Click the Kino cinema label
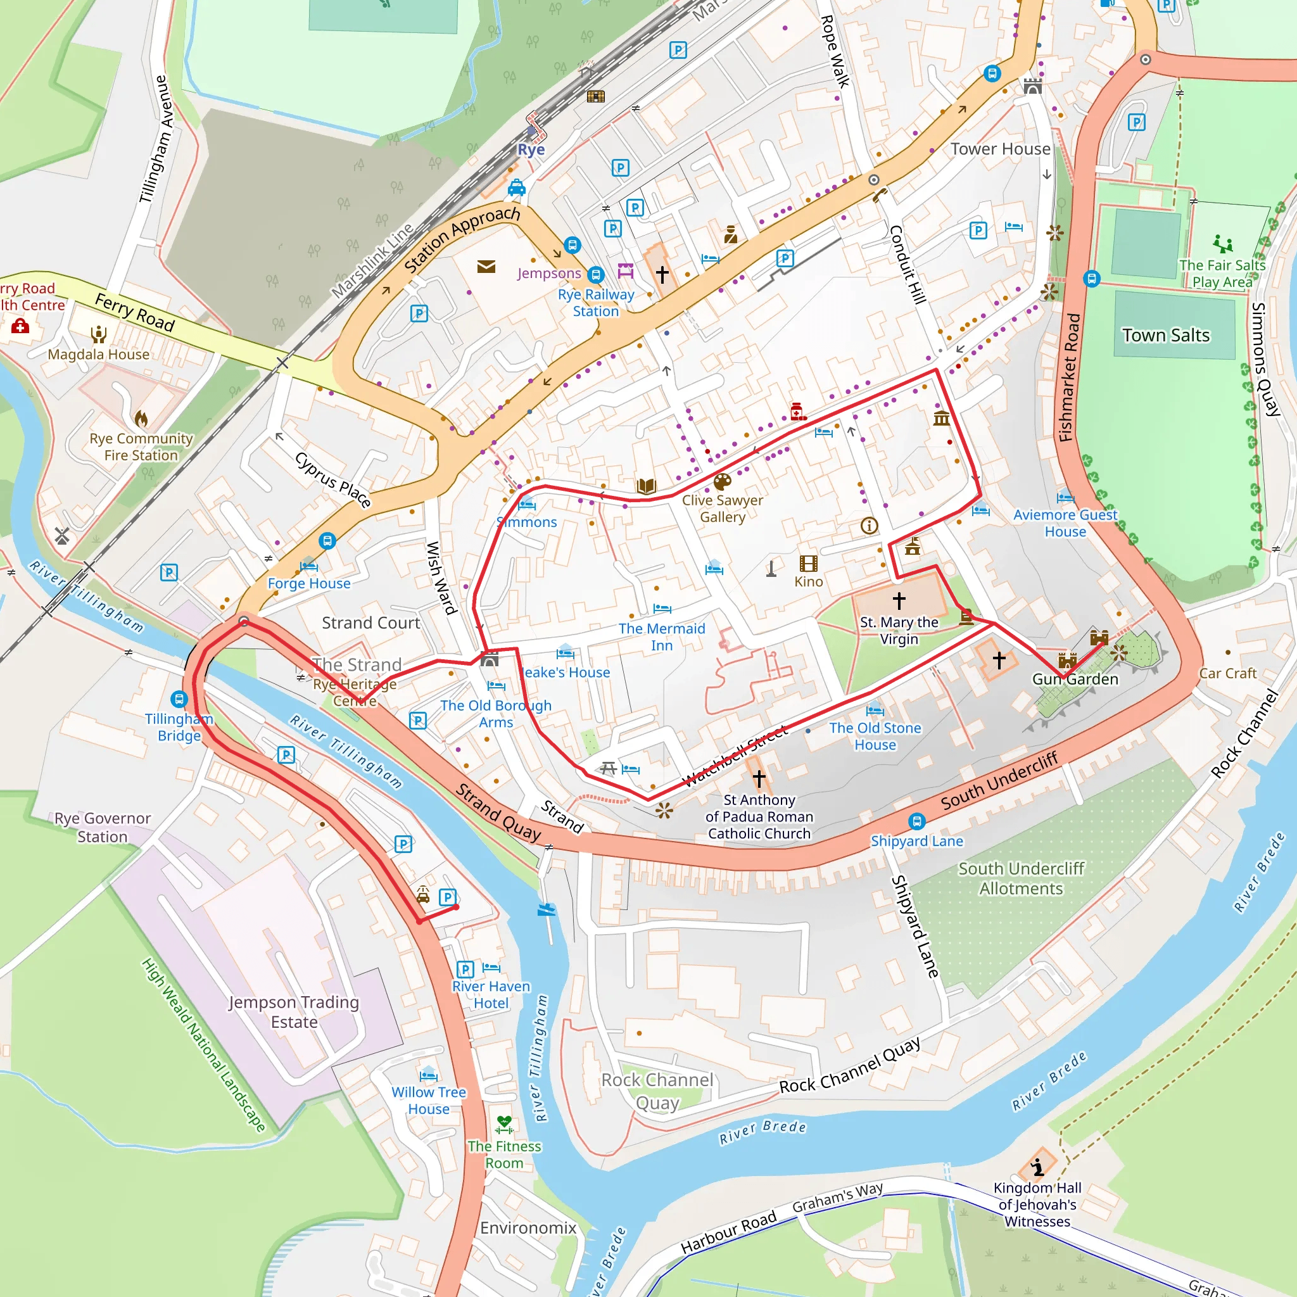[808, 581]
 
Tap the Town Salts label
[1166, 335]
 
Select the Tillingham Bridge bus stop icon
[179, 699]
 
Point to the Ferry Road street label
[134, 313]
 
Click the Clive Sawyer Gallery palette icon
[723, 482]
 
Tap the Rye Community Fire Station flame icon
[141, 419]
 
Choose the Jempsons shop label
[548, 273]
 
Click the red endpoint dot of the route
[456, 907]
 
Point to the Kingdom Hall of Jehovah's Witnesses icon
[1038, 1167]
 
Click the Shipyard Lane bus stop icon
[917, 821]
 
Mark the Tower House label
[999, 149]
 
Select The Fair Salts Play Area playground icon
[1222, 244]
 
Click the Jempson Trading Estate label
[294, 1011]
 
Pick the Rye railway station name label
[530, 149]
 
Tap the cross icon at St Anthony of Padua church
[759, 778]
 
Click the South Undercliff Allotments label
[1020, 878]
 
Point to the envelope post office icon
[486, 267]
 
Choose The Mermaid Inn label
[661, 636]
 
